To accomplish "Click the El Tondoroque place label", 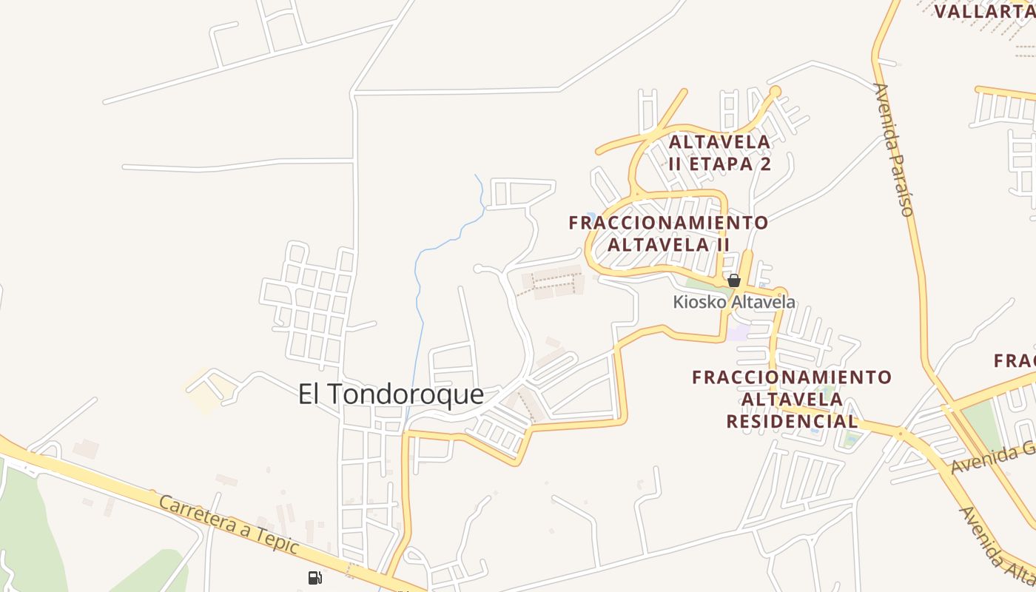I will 391,394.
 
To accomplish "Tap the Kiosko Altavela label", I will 734,302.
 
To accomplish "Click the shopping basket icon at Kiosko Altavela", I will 734,280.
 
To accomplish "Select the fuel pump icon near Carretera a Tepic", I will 315,577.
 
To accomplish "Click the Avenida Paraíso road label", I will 893,149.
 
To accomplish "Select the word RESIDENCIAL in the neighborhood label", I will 792,422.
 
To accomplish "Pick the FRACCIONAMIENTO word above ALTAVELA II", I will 668,222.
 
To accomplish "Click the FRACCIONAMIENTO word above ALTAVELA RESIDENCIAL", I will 792,377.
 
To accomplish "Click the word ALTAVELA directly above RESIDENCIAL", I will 792,400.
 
